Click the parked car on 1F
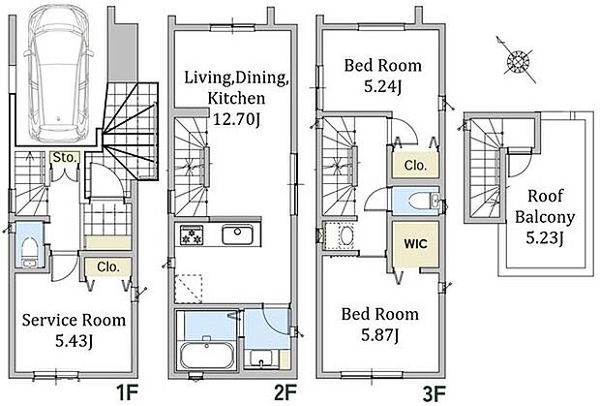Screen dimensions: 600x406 click(58, 74)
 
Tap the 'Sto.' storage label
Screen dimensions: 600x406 click(65, 157)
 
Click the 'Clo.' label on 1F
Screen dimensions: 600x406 click(108, 266)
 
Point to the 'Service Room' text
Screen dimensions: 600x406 click(74, 320)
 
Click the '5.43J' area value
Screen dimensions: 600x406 click(74, 340)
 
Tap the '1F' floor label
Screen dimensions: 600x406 click(127, 392)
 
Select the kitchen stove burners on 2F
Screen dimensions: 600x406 click(192, 234)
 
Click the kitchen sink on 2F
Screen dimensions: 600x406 click(237, 234)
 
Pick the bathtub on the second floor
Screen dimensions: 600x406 click(207, 355)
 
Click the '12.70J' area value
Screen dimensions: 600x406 click(236, 119)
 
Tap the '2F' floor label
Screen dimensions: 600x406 click(285, 392)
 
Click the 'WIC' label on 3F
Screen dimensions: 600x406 click(415, 243)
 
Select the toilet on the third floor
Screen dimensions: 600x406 click(424, 201)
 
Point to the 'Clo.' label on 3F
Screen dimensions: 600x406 click(415, 166)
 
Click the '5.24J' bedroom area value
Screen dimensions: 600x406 click(382, 86)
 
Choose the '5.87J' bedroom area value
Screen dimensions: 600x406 click(380, 335)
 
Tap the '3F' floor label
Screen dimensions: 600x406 click(435, 392)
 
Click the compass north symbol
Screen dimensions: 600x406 click(518, 60)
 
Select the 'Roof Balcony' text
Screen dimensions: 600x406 click(545, 206)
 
